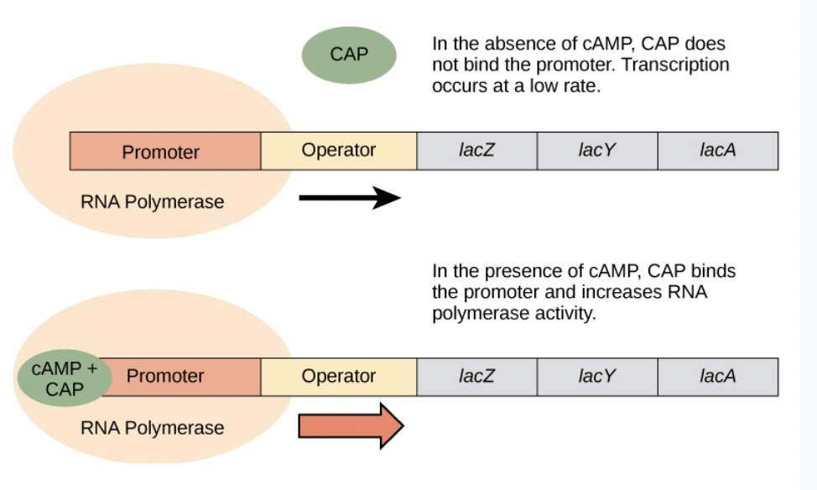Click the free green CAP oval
(348, 55)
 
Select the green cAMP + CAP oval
(64, 379)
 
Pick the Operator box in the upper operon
(338, 151)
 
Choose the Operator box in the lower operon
(338, 376)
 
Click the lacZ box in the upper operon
(476, 151)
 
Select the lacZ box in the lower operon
(476, 376)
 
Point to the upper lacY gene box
(596, 151)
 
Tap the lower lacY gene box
(596, 376)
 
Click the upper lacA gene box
(717, 151)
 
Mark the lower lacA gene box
(717, 376)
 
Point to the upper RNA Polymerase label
(152, 202)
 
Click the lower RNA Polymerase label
(152, 428)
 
